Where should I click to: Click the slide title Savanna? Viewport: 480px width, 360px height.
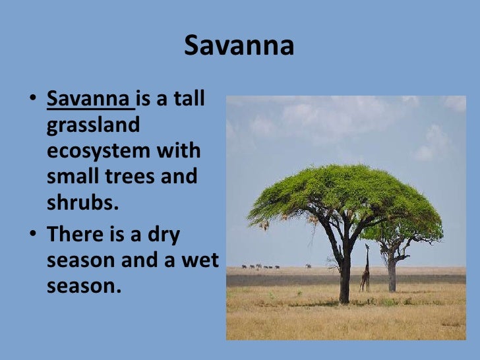(239, 46)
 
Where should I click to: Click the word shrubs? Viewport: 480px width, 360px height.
(82, 202)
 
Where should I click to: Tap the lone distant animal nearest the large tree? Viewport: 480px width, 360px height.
(308, 266)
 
